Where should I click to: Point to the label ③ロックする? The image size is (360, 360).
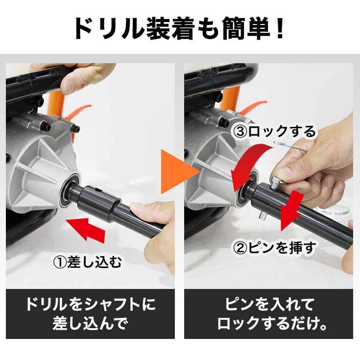(x=274, y=131)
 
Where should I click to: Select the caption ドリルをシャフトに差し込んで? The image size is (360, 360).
(x=90, y=314)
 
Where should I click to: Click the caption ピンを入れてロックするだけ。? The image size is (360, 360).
(x=268, y=314)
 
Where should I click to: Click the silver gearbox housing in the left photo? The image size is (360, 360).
(x=44, y=162)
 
